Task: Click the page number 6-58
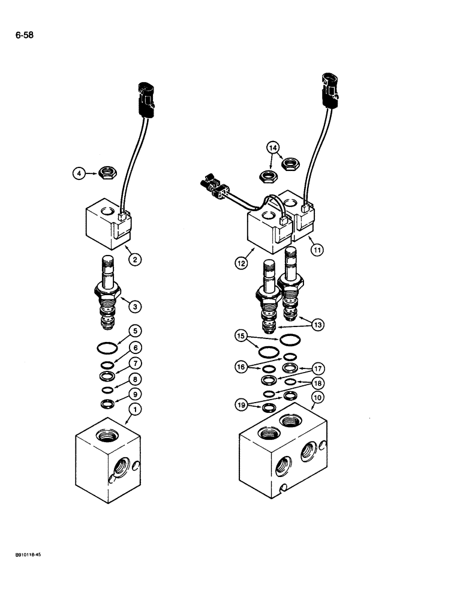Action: [x=25, y=35]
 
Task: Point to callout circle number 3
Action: [x=136, y=307]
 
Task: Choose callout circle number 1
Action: [x=136, y=410]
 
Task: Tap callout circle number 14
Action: [x=273, y=147]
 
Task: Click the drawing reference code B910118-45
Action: [x=25, y=556]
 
